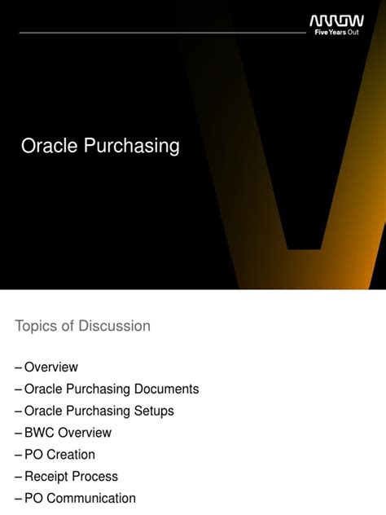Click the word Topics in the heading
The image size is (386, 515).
coord(37,326)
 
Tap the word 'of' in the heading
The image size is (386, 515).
coord(69,326)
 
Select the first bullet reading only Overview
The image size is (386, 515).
coord(51,368)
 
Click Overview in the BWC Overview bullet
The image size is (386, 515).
coord(86,433)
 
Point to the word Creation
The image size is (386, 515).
coord(70,455)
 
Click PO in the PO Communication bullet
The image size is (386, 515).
coord(33,498)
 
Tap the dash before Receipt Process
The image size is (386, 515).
coord(19,477)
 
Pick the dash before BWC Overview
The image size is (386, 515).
coord(19,433)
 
